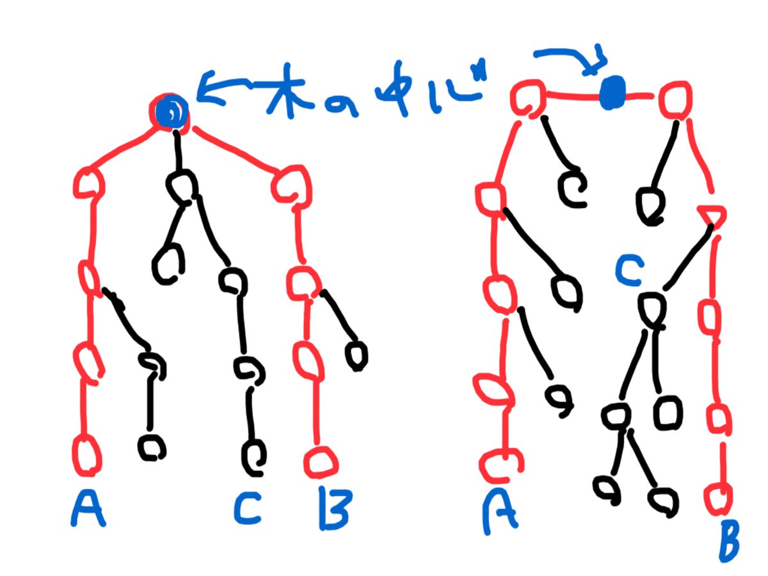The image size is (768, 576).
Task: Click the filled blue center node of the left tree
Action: click(172, 112)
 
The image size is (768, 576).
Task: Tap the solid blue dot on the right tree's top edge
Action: click(612, 93)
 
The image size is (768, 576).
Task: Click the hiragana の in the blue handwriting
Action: click(340, 105)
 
